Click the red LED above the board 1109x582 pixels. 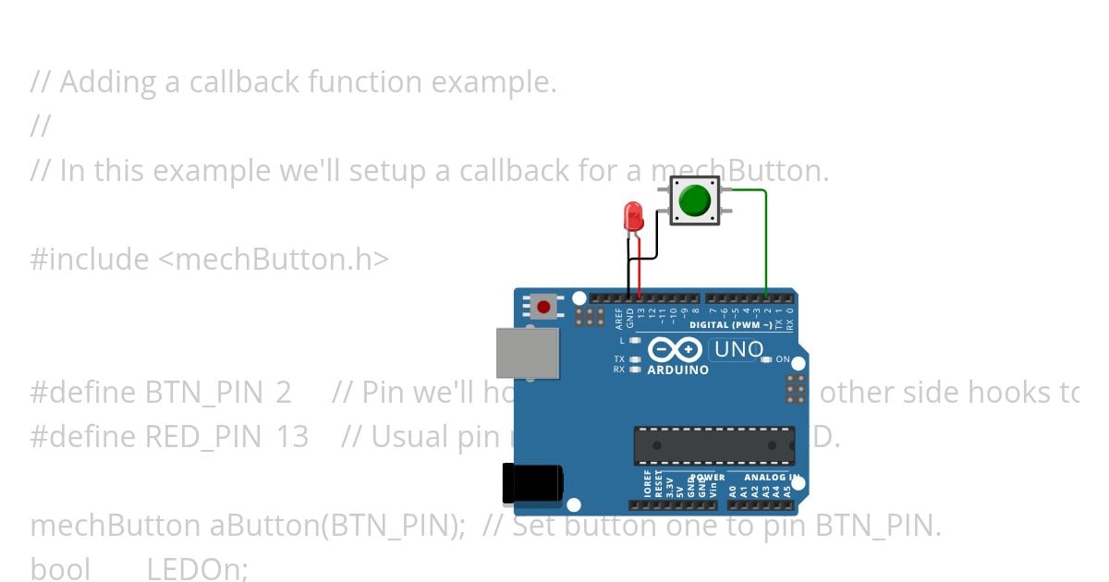pos(634,217)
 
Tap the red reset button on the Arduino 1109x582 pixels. pos(543,307)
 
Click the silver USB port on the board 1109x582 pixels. pos(528,352)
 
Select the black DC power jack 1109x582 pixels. pos(530,484)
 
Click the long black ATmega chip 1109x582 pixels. pos(713,445)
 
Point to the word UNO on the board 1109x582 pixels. pos(738,350)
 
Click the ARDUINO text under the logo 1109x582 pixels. pos(677,370)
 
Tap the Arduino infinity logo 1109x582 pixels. pos(676,349)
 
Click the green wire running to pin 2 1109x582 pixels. pos(765,240)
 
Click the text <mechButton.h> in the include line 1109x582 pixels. pos(274,260)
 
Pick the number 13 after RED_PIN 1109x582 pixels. pos(292,437)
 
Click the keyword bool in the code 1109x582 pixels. pos(60,569)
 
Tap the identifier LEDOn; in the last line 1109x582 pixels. pos(198,569)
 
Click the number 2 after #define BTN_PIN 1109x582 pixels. pos(283,393)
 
